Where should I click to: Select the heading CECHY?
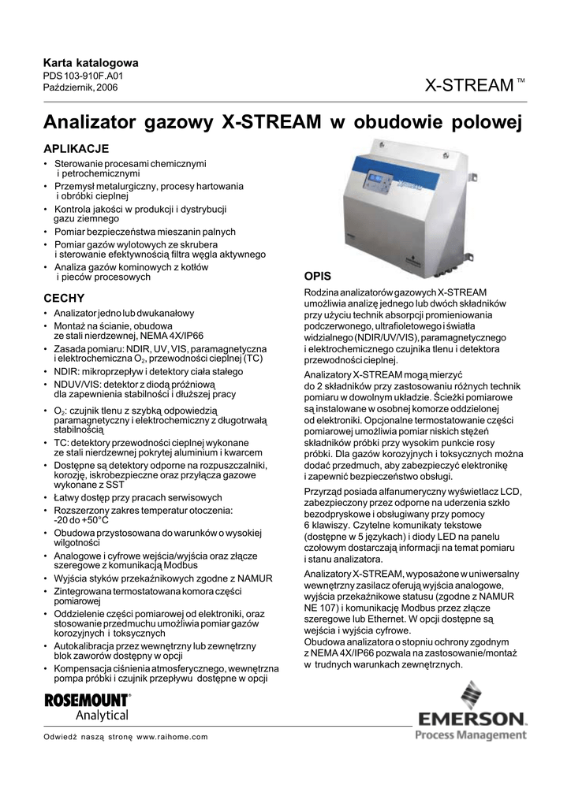pos(63,299)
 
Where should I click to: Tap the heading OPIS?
pos(318,276)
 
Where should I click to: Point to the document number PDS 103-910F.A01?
pos(83,76)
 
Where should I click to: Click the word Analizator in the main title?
pos(90,123)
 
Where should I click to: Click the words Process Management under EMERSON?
pos(470,735)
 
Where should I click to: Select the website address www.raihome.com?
pos(172,737)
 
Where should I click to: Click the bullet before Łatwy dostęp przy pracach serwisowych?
pos(46,498)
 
